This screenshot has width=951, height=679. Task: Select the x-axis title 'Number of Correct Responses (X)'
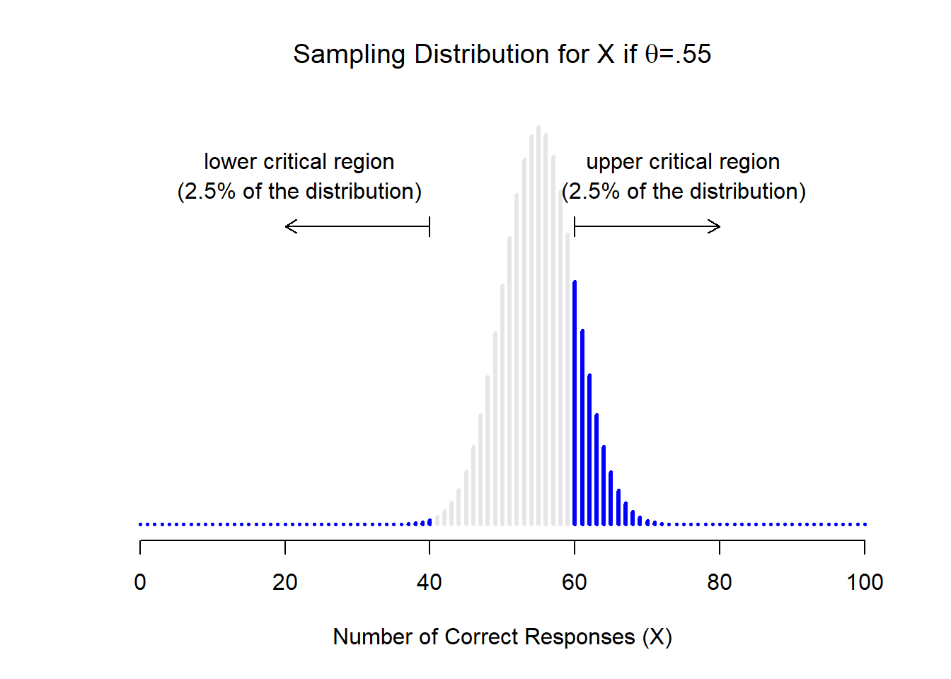(502, 637)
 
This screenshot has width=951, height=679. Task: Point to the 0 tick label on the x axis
(140, 582)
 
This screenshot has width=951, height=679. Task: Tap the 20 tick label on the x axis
(285, 582)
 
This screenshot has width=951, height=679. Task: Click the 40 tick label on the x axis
(430, 582)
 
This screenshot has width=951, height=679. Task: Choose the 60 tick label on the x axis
(575, 582)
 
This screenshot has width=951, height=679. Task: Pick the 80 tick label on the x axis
(720, 582)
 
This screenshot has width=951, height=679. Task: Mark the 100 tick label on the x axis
(865, 582)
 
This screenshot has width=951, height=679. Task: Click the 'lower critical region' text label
(299, 162)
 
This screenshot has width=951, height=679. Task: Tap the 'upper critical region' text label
(683, 162)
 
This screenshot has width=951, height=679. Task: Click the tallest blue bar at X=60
(575, 403)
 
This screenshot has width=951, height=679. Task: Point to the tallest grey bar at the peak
(538, 325)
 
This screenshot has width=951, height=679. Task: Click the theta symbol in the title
(652, 54)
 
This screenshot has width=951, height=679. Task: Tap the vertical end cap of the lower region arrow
(430, 226)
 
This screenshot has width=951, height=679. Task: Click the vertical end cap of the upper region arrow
(575, 226)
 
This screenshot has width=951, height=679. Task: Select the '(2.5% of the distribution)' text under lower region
(299, 192)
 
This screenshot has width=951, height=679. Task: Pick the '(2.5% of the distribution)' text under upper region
(683, 192)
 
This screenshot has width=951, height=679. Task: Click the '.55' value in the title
(693, 54)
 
